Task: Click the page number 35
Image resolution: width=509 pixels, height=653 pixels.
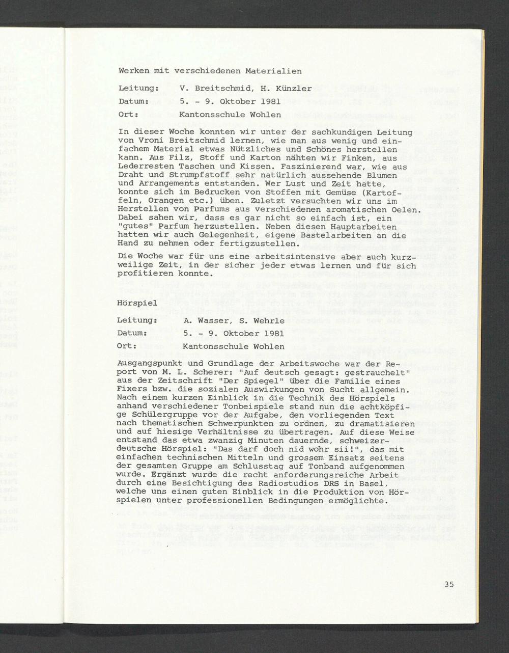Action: pyautogui.click(x=448, y=584)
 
